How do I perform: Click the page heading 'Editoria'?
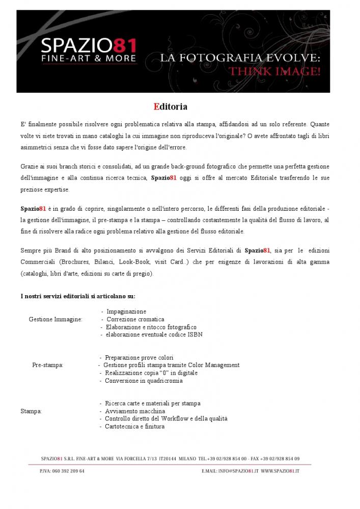click(x=171, y=107)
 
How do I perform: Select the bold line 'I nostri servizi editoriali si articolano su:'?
click(x=77, y=296)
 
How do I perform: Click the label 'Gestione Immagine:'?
click(x=56, y=320)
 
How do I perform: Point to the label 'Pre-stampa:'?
click(x=48, y=365)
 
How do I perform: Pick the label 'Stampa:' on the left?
click(x=31, y=411)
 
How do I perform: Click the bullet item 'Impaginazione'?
click(x=126, y=312)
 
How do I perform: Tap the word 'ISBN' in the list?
click(x=196, y=335)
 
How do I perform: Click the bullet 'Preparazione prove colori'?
click(x=139, y=358)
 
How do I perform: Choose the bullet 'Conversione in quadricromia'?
click(x=143, y=381)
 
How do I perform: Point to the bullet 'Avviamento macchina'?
click(x=134, y=411)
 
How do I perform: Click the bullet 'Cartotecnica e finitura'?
click(x=134, y=427)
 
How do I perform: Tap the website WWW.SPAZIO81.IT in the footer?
click(x=280, y=472)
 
